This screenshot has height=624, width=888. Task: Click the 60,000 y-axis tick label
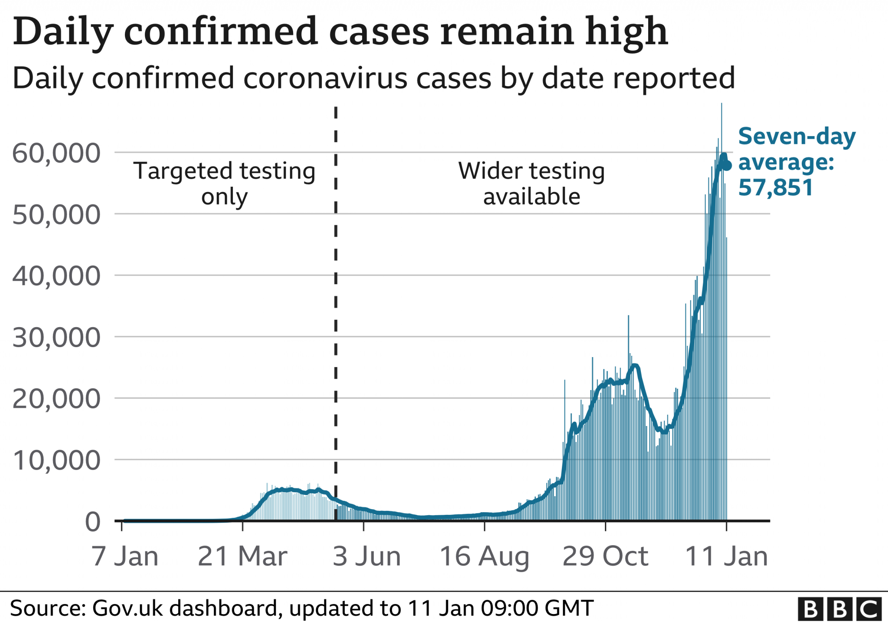point(56,153)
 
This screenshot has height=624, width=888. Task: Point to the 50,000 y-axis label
point(56,214)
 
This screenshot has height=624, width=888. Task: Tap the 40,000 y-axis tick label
point(56,276)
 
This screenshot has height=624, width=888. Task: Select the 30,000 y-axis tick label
point(56,338)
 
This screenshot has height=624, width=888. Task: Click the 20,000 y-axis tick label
point(56,399)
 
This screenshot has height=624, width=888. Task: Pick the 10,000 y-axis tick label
point(56,460)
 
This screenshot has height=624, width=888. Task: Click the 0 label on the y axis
point(93,522)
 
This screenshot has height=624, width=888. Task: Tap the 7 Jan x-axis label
point(125,556)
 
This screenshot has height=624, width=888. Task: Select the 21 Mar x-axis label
point(242,556)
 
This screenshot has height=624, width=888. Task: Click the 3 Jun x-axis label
point(366,556)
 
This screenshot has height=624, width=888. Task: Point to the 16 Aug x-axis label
point(484,556)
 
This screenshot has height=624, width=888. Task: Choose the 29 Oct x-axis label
point(605,556)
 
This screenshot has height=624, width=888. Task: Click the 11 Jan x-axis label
point(726,556)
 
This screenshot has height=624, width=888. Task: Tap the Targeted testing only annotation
point(224,183)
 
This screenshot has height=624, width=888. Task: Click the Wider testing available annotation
point(532,183)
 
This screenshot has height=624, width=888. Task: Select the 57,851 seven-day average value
point(775,188)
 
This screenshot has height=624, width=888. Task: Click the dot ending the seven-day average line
point(727,166)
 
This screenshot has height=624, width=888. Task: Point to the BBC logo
point(839,609)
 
